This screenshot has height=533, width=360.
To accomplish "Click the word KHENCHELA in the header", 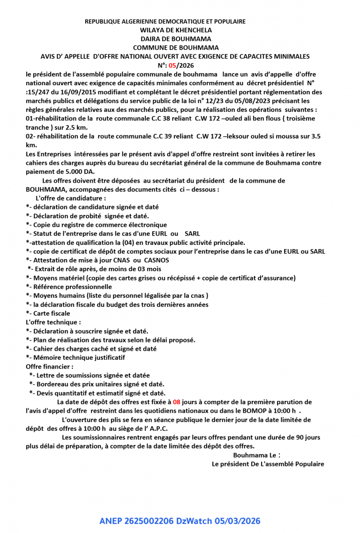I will click(x=191, y=30).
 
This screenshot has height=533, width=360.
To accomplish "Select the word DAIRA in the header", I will click(x=150, y=39).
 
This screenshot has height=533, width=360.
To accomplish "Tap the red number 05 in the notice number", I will click(x=173, y=65).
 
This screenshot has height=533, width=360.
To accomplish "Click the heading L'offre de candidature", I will click(x=67, y=198).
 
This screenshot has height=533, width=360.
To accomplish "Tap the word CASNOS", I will click(x=157, y=260).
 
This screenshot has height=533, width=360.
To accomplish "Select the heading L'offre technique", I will click(x=53, y=322).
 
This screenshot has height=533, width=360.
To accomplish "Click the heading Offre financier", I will click(x=50, y=366).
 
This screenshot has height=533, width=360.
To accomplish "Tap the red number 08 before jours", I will click(x=176, y=402).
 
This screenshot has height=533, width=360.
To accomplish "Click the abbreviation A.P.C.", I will click(x=156, y=429).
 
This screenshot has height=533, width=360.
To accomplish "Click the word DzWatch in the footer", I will click(x=195, y=521).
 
